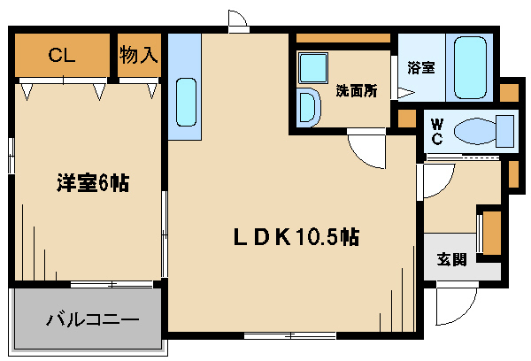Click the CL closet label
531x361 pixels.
pos(61,55)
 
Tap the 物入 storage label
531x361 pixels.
pos(139,54)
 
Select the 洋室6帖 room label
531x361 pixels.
pos(93,183)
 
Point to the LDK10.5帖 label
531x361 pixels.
pos(296,237)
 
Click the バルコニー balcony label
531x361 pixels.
pos(92,319)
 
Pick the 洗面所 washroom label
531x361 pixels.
pos(357,90)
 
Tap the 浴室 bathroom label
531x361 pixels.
pos(421,68)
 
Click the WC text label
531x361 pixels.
pos(437,132)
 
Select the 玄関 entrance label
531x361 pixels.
pos(451,260)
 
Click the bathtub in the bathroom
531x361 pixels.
pos(470,67)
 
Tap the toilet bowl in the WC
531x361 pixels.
pos(474,131)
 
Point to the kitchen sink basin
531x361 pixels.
pos(186,103)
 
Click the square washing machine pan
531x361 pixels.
pos(313,68)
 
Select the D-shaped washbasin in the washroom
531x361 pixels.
pos(309,107)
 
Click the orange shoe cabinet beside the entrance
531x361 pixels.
pos(492,233)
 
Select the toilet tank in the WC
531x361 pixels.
pos(505,131)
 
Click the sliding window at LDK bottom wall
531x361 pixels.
pos(290,335)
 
